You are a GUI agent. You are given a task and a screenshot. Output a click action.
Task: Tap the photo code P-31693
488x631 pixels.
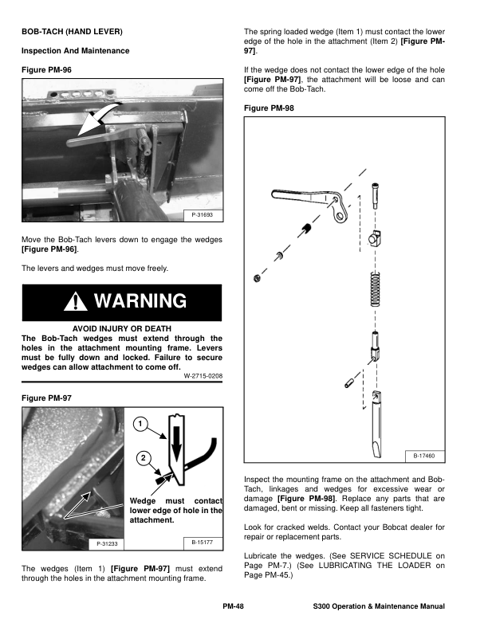click(x=203, y=215)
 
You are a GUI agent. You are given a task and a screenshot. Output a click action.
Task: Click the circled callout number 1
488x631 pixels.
click(x=139, y=424)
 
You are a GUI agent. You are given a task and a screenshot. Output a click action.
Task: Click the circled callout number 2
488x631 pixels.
click(x=141, y=458)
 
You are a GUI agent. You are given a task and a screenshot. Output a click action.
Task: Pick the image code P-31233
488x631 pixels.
click(x=108, y=543)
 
